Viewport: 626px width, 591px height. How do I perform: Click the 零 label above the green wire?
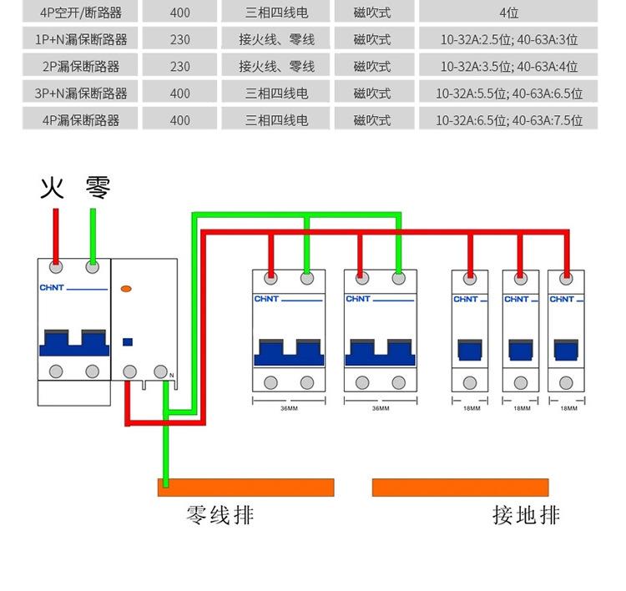[98, 188]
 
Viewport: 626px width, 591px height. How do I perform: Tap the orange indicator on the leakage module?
[126, 289]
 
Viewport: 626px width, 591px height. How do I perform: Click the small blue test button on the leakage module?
[127, 341]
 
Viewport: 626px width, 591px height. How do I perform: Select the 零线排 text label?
[220, 515]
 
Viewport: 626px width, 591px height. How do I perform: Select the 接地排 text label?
[526, 515]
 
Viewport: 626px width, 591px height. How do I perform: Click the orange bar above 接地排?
[460, 487]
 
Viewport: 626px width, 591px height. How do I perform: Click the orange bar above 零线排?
[246, 487]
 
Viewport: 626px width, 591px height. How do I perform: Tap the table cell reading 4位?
[508, 13]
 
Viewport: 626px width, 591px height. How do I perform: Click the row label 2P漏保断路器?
[81, 66]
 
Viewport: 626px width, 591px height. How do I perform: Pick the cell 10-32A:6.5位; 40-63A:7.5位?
[508, 120]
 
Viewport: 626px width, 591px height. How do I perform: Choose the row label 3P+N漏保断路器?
[81, 93]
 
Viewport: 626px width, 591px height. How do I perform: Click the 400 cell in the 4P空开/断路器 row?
[179, 13]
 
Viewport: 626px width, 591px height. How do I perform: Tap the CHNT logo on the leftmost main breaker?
[53, 289]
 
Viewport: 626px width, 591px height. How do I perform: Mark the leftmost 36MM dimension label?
[288, 408]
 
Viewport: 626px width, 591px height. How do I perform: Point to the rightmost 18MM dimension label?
[568, 408]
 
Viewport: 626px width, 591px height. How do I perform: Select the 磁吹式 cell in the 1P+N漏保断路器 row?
[371, 39]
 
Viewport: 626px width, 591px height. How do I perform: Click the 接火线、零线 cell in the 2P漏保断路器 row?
[276, 66]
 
